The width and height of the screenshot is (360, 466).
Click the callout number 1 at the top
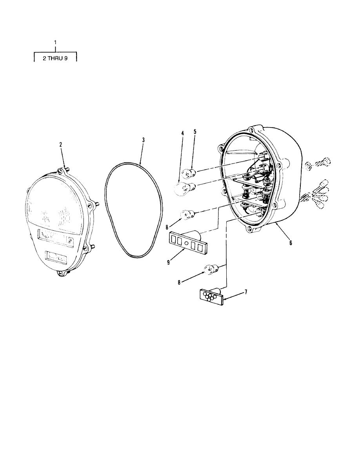click(55, 43)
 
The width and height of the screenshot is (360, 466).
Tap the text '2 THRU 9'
click(55, 58)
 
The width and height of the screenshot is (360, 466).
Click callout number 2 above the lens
click(61, 144)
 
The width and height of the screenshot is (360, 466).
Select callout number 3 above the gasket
click(143, 140)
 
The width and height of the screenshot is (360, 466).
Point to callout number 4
click(182, 133)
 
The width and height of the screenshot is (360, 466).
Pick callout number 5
click(195, 132)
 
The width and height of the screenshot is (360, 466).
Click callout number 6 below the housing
click(291, 243)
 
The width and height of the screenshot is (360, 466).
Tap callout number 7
click(245, 292)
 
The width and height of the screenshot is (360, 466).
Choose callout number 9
click(168, 262)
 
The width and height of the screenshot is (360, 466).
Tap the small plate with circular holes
click(212, 296)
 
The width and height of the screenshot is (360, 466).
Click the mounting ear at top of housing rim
click(253, 129)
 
